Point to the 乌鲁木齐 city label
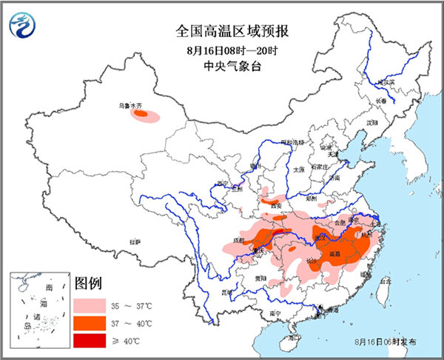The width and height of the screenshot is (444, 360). (x=131, y=105)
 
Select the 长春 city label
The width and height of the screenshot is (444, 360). (x=380, y=101)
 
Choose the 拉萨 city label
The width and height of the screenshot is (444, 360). (x=134, y=241)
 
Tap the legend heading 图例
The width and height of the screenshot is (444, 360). (x=89, y=284)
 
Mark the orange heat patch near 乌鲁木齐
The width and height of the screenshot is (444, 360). (x=144, y=115)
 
